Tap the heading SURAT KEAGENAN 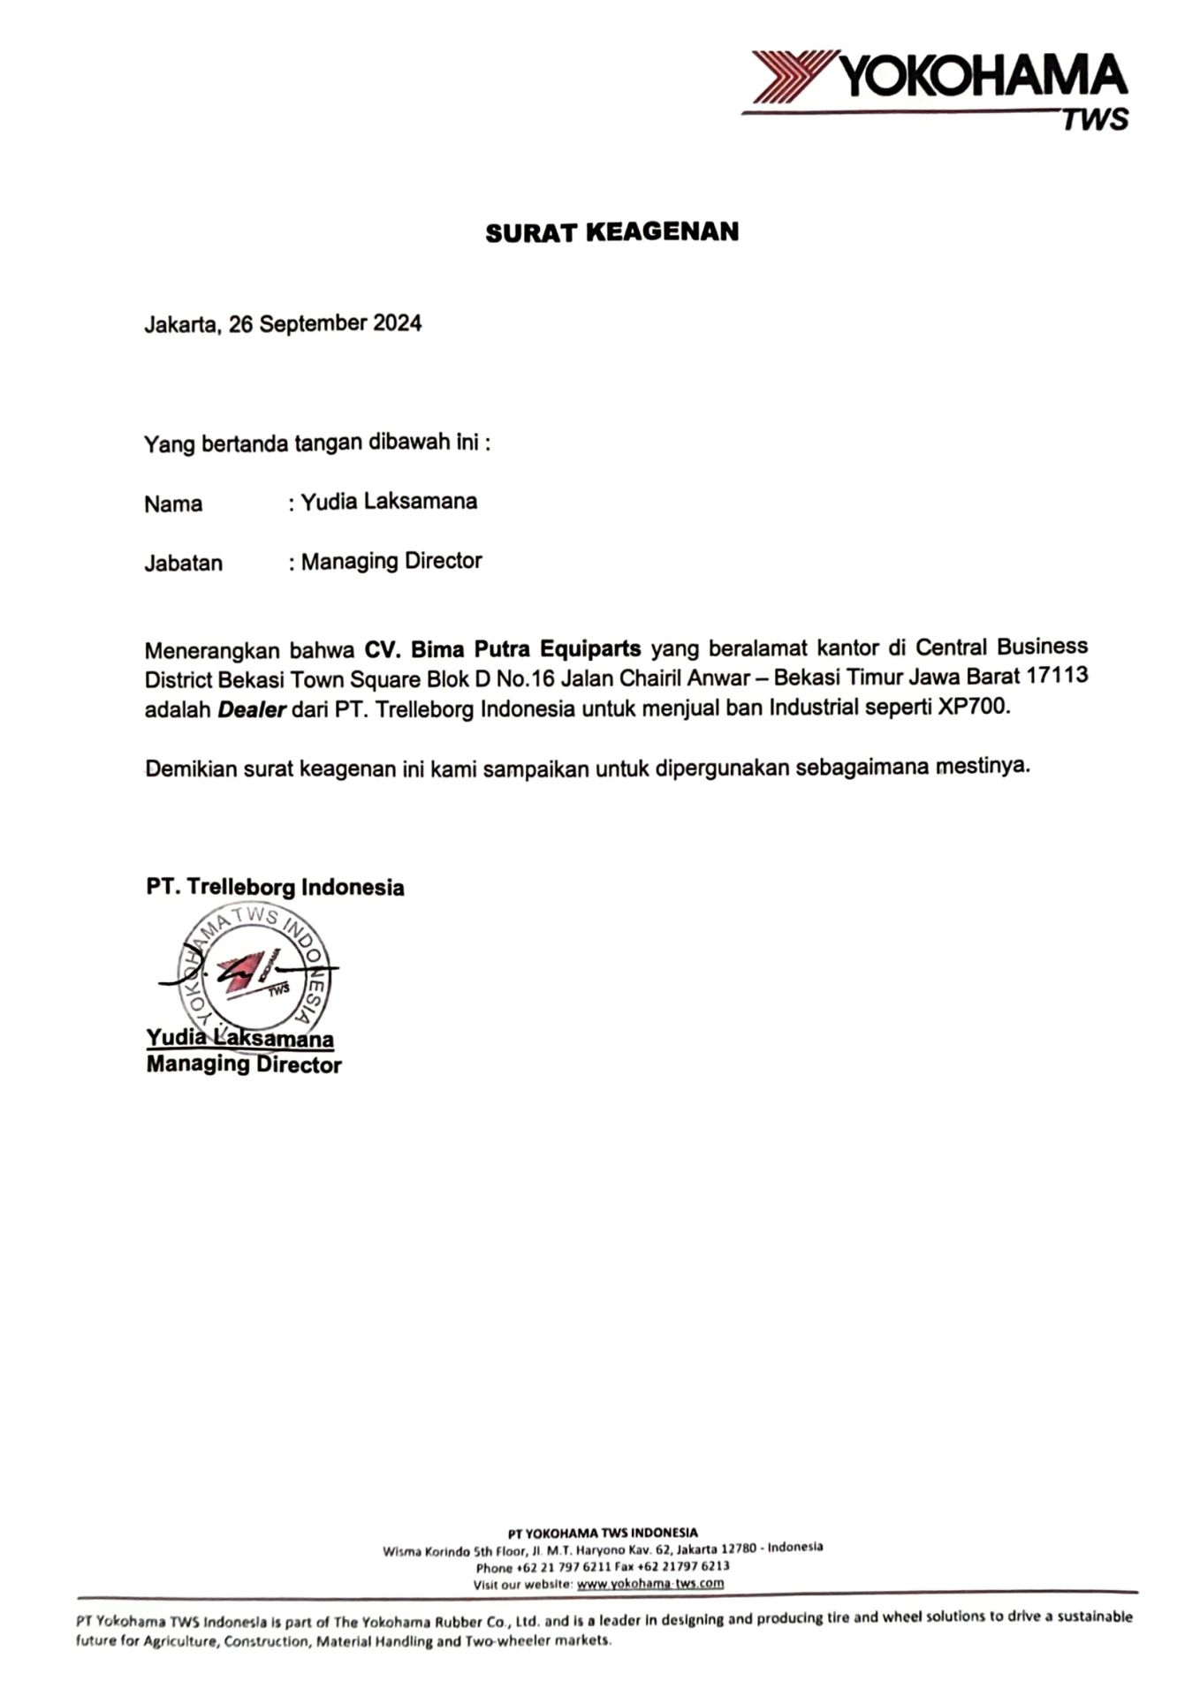point(611,232)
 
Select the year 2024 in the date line point(397,323)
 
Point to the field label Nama point(173,504)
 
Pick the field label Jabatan point(183,564)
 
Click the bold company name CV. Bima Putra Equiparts point(503,649)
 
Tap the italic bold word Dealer point(252,710)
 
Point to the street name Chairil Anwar point(680,678)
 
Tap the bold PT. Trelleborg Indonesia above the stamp point(275,887)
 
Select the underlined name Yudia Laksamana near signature point(239,1038)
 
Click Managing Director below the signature point(244,1065)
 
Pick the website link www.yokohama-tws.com point(649,1584)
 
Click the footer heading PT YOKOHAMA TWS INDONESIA point(603,1533)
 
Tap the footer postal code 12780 point(739,1549)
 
